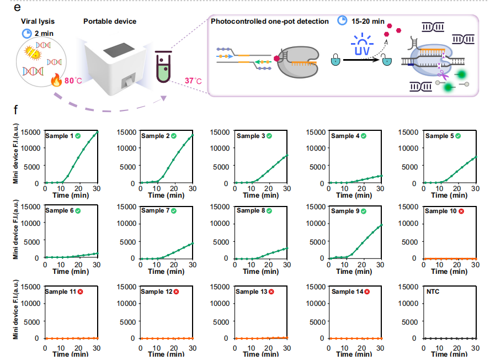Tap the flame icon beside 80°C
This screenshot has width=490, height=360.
point(56,81)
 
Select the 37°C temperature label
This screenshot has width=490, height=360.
point(193,81)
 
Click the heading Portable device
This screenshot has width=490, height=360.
point(110,22)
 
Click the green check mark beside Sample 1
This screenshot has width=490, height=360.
point(78,136)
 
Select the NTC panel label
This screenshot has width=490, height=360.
point(434,291)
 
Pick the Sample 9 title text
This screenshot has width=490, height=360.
point(346,211)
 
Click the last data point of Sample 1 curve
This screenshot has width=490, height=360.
point(97,132)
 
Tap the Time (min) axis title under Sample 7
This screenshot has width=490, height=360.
point(166,272)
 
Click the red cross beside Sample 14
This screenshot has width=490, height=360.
point(366,292)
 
